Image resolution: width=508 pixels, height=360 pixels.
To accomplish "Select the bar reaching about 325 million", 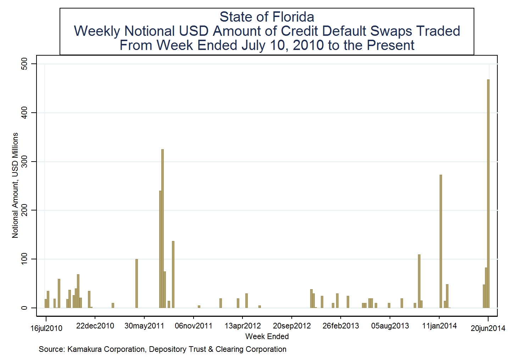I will (162, 229).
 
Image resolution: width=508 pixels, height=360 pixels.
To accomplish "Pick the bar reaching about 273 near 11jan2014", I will (441, 241).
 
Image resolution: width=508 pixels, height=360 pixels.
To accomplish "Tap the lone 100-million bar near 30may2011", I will (136, 283).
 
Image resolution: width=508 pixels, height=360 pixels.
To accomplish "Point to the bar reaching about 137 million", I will (173, 275).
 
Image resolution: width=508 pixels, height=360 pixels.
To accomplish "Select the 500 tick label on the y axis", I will (24, 64).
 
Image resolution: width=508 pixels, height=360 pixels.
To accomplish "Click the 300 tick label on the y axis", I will (24, 162).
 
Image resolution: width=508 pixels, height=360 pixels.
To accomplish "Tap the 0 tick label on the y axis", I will (24, 308).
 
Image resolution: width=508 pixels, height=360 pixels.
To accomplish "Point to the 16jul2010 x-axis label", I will (46, 328).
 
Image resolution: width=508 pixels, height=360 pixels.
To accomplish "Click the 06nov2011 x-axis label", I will (194, 326).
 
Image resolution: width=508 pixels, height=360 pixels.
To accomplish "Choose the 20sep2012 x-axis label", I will (292, 326).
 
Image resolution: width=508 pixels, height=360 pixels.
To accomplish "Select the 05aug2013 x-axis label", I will (390, 326).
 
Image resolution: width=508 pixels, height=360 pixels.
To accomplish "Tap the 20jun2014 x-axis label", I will (488, 328).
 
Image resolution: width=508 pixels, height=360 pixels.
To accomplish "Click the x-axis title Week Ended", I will (267, 337).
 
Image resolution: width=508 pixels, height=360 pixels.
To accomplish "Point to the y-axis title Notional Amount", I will (15, 185).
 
